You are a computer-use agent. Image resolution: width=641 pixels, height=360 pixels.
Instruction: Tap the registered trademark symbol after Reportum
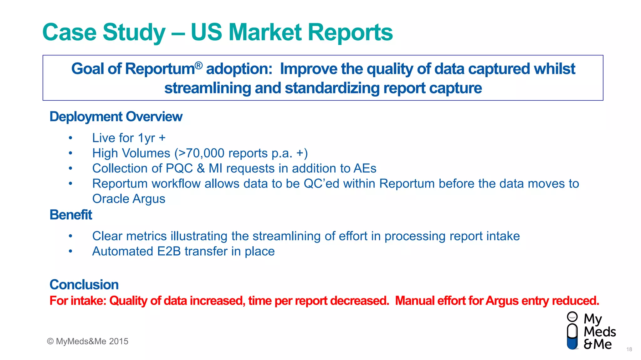tap(199, 65)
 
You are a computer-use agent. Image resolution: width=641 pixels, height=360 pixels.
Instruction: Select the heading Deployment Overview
tap(116, 117)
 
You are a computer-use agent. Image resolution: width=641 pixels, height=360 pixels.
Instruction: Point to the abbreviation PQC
tap(179, 168)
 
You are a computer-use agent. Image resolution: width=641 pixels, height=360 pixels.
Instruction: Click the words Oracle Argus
tap(129, 199)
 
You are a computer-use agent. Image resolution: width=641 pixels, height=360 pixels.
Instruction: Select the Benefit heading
tap(71, 215)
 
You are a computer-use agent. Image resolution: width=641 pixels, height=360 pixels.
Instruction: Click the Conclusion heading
tap(84, 285)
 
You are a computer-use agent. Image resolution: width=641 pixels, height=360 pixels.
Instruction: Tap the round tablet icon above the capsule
tap(572, 317)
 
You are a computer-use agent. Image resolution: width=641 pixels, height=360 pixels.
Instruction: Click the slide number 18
tap(629, 349)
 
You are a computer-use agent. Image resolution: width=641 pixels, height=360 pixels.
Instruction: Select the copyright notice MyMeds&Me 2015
tap(88, 341)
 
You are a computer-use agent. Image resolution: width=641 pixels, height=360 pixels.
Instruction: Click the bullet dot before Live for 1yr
tap(71, 138)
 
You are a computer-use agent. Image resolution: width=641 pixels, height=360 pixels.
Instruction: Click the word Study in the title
tap(134, 32)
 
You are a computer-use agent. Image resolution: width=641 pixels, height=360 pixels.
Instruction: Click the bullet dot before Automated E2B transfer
tap(71, 251)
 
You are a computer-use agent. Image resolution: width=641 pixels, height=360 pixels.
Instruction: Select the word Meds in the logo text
tap(600, 332)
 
